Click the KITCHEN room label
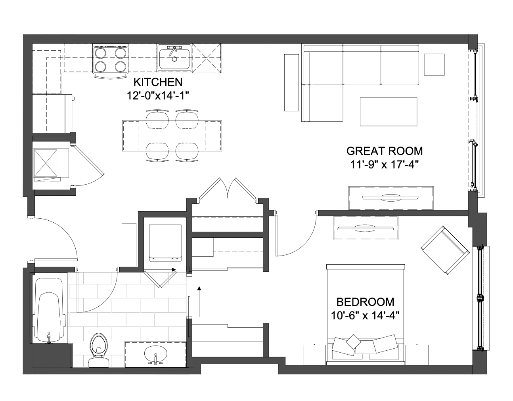point(158,82)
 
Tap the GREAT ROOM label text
point(384,151)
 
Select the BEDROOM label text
point(365,302)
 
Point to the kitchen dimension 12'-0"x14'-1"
point(158,96)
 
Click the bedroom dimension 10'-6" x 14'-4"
point(365,316)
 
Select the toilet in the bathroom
point(99,350)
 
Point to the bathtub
point(49,310)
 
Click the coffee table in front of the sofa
point(389,112)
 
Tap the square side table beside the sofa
point(434,65)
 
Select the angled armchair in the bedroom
point(445,250)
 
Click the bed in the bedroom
point(366,315)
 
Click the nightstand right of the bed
point(417,355)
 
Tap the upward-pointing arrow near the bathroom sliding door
point(199,301)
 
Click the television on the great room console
point(390,197)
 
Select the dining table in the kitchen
point(172,136)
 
